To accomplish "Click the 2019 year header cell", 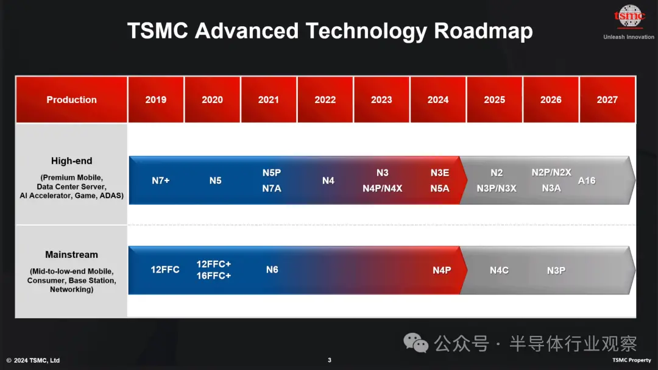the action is click(156, 99).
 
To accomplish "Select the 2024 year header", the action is click(437, 99).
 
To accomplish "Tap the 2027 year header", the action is click(607, 99).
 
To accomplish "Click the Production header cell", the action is click(71, 99).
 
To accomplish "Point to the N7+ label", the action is click(161, 180).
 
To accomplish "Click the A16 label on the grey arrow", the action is click(587, 180).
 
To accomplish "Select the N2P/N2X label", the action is click(551, 173).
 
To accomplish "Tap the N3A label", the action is click(551, 188).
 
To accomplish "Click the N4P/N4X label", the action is click(382, 188).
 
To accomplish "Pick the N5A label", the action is click(440, 188).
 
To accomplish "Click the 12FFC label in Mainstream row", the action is click(165, 269).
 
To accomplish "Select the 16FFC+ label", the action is click(214, 276).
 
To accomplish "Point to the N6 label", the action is click(272, 269).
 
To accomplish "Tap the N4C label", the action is click(499, 271).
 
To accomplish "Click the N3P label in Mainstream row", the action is click(556, 271).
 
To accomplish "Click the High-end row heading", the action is click(71, 161).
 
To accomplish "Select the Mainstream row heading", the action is click(71, 255).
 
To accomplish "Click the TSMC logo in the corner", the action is click(629, 16).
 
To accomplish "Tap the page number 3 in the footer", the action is click(330, 360).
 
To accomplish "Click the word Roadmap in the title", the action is click(483, 31).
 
